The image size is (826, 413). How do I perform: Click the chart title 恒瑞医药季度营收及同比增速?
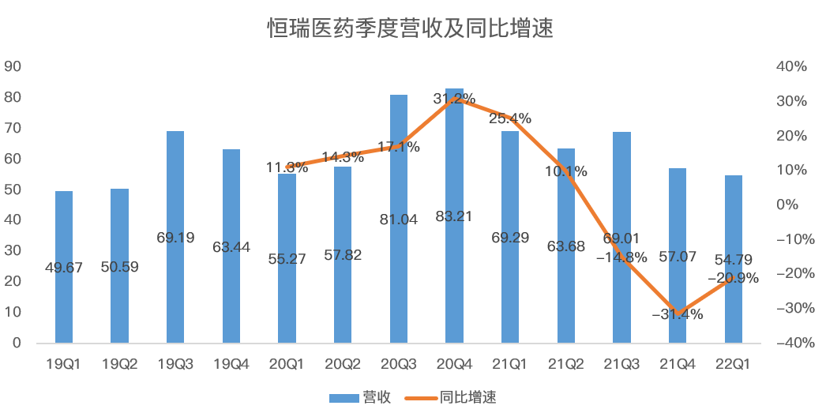(x=410, y=29)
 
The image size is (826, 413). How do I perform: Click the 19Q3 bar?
(x=175, y=237)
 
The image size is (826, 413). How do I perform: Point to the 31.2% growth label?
(x=454, y=99)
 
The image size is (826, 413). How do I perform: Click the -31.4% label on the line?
(x=677, y=314)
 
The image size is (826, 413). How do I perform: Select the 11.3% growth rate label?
(x=287, y=167)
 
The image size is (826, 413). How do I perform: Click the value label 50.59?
(x=119, y=267)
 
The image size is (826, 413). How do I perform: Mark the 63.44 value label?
(x=231, y=247)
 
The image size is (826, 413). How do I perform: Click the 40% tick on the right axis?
(x=791, y=67)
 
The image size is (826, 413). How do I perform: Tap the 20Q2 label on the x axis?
(x=343, y=364)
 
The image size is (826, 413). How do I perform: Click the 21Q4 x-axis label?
(x=678, y=364)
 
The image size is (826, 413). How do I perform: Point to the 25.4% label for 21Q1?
(x=510, y=118)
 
